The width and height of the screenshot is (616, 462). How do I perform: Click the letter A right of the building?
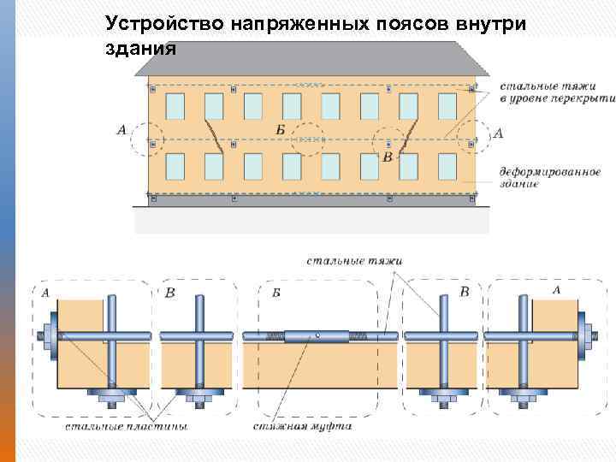pyautogui.click(x=499, y=133)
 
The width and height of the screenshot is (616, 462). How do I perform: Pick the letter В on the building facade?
pyautogui.click(x=388, y=157)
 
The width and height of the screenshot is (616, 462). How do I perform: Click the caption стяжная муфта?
pyautogui.click(x=303, y=425)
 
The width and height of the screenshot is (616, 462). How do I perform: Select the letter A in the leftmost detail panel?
pyautogui.click(x=44, y=293)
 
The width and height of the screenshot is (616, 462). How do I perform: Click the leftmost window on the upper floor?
pyautogui.click(x=175, y=106)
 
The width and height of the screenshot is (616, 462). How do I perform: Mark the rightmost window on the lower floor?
pyautogui.click(x=447, y=165)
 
